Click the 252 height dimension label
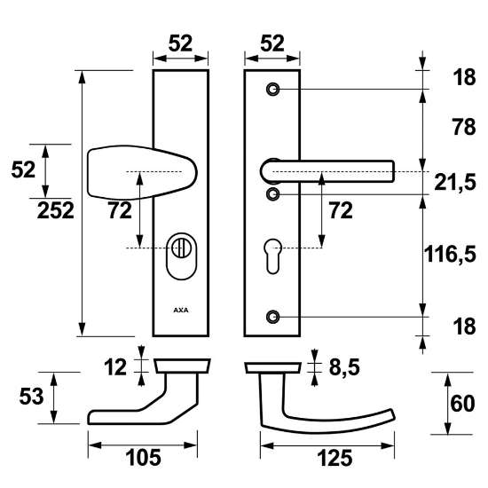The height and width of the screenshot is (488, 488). (56, 211)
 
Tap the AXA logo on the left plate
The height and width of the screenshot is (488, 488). (180, 311)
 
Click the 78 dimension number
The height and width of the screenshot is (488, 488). (453, 128)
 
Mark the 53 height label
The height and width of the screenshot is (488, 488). (28, 397)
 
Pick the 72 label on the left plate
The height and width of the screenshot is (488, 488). (120, 211)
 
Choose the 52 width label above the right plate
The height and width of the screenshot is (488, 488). (272, 43)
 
